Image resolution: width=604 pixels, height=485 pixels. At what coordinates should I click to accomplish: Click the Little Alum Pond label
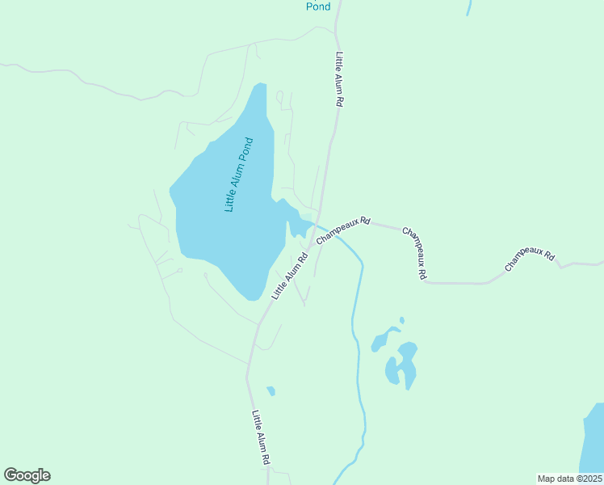239,175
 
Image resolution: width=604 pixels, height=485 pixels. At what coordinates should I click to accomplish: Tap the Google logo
27,475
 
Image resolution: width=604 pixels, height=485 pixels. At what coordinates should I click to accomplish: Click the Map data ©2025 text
569,479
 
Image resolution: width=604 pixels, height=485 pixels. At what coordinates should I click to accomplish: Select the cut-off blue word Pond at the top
318,6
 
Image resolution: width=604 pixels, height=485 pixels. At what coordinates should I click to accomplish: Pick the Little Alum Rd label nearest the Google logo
260,437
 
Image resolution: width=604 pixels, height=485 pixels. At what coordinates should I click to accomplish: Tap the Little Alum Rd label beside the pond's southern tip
291,276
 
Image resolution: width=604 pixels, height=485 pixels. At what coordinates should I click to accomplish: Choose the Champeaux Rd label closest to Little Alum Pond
343,230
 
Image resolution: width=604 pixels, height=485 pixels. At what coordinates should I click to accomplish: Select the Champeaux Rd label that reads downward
415,252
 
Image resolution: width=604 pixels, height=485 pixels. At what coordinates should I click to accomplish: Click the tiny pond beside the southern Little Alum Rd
271,391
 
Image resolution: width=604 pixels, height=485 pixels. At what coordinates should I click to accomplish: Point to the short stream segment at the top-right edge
468,7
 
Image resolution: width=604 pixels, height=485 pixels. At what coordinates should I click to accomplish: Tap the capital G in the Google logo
11,475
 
